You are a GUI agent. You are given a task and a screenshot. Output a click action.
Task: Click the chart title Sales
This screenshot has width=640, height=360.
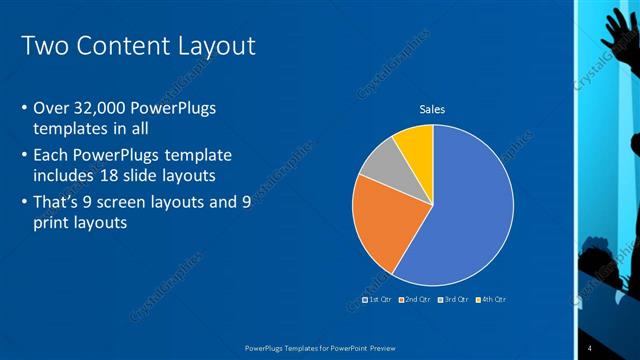coord(432,109)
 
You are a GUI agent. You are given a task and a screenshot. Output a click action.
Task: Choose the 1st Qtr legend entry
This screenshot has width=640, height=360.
coord(378,299)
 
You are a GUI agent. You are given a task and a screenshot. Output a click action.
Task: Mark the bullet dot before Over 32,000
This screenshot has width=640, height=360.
coord(24,108)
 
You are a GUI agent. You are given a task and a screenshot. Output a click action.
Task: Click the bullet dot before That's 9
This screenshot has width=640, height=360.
coord(24,203)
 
